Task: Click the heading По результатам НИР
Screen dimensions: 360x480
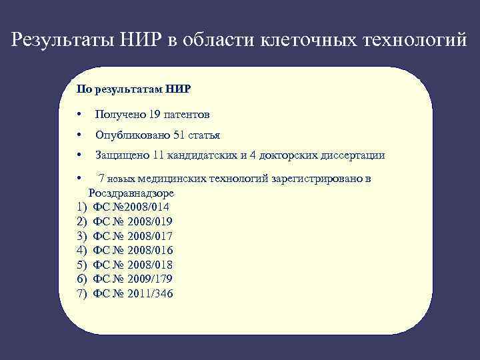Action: (134, 88)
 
